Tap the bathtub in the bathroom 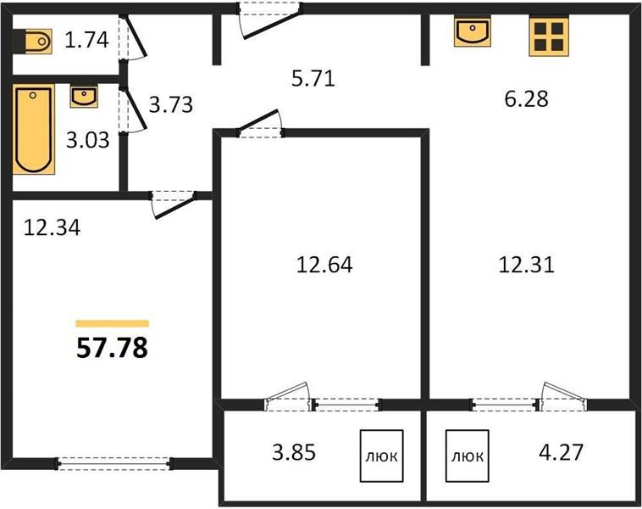(x=34, y=129)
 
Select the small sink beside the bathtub (x=84, y=97)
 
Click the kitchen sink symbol (x=473, y=32)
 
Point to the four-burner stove (x=549, y=36)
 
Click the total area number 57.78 (x=112, y=349)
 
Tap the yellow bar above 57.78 (x=112, y=323)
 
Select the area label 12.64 (x=324, y=265)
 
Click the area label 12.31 (x=527, y=265)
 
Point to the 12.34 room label (x=52, y=227)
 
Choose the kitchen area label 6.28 (x=526, y=99)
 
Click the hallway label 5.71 (x=313, y=78)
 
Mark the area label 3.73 (x=171, y=104)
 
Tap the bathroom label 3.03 (x=87, y=140)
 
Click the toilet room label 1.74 (x=86, y=40)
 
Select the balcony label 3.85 (x=294, y=452)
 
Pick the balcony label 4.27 (x=561, y=452)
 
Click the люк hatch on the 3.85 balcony (x=382, y=456)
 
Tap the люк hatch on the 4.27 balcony (x=468, y=456)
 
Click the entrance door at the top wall (x=271, y=20)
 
